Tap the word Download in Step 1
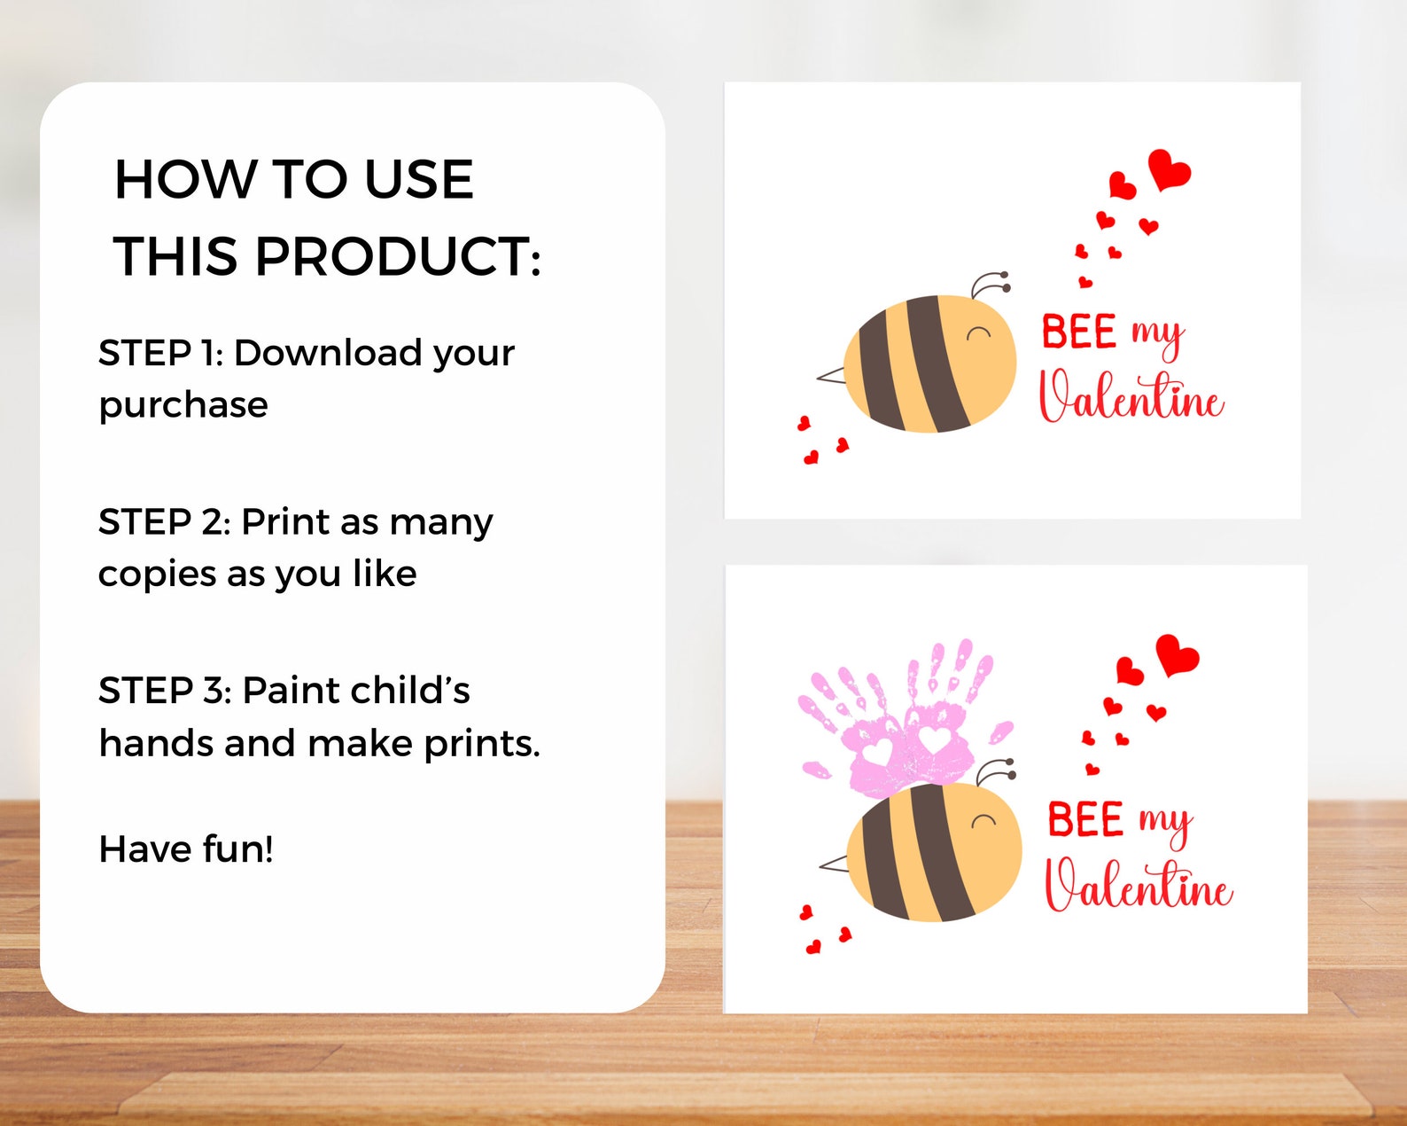327,353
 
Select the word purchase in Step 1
183,405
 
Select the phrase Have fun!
186,849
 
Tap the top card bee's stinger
830,376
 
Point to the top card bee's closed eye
979,333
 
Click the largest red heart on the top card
1169,168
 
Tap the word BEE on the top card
1078,332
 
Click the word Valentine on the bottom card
1139,884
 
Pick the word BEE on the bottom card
1085,819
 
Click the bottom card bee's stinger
834,863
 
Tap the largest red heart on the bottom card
1177,654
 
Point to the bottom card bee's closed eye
983,820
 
